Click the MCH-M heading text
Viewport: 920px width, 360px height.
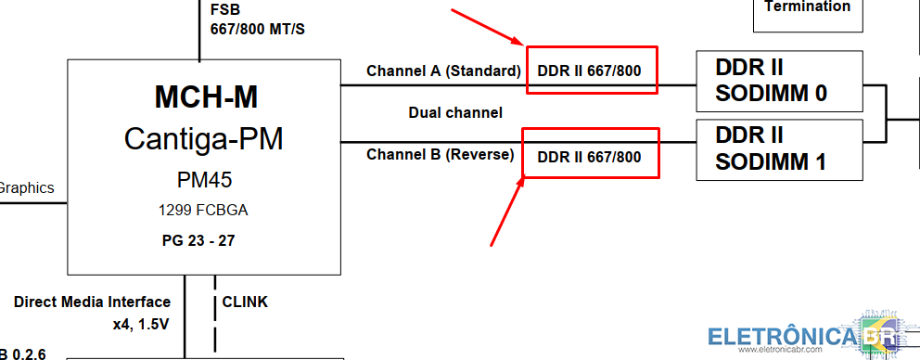(x=206, y=96)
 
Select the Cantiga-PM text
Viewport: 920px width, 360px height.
(x=204, y=139)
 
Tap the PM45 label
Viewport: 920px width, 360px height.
(x=204, y=180)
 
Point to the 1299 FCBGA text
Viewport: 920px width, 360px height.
(x=203, y=211)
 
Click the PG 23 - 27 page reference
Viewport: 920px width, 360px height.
(x=198, y=241)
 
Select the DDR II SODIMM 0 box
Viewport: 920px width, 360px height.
(x=779, y=81)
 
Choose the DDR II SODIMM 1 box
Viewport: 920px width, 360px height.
(x=779, y=149)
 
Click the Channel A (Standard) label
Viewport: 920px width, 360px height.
(x=443, y=71)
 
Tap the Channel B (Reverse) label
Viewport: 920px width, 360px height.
(x=440, y=154)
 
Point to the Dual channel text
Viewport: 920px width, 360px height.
(x=455, y=112)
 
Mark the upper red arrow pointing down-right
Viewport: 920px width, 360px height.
(x=487, y=27)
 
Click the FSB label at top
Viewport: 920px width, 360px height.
(x=225, y=10)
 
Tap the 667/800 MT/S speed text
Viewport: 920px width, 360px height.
(x=258, y=29)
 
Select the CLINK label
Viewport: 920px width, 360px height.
(x=245, y=302)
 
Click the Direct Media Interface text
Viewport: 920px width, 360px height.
(x=92, y=302)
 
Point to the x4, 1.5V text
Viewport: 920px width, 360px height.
(x=141, y=324)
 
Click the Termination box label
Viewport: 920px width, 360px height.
(x=808, y=6)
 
